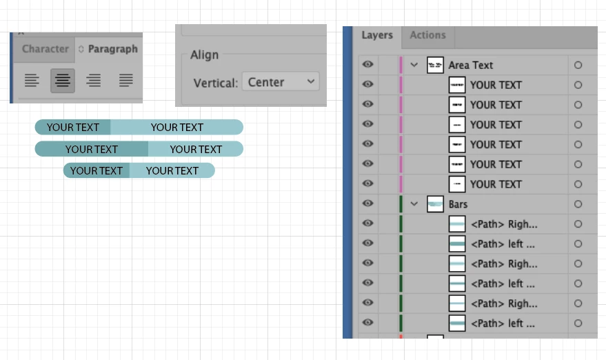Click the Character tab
point(45,49)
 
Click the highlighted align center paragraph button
point(63,81)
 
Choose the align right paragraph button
point(94,81)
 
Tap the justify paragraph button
point(125,81)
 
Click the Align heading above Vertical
point(204,55)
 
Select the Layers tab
point(377,35)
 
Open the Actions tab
point(427,35)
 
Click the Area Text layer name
point(471,65)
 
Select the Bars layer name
point(458,204)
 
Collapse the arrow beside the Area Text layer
point(414,65)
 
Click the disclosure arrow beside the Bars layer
point(414,204)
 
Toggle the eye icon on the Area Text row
point(368,65)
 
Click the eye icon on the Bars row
point(368,204)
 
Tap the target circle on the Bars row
point(578,204)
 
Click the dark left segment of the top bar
point(73,127)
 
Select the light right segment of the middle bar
point(195,149)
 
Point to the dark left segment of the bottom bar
point(97,170)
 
